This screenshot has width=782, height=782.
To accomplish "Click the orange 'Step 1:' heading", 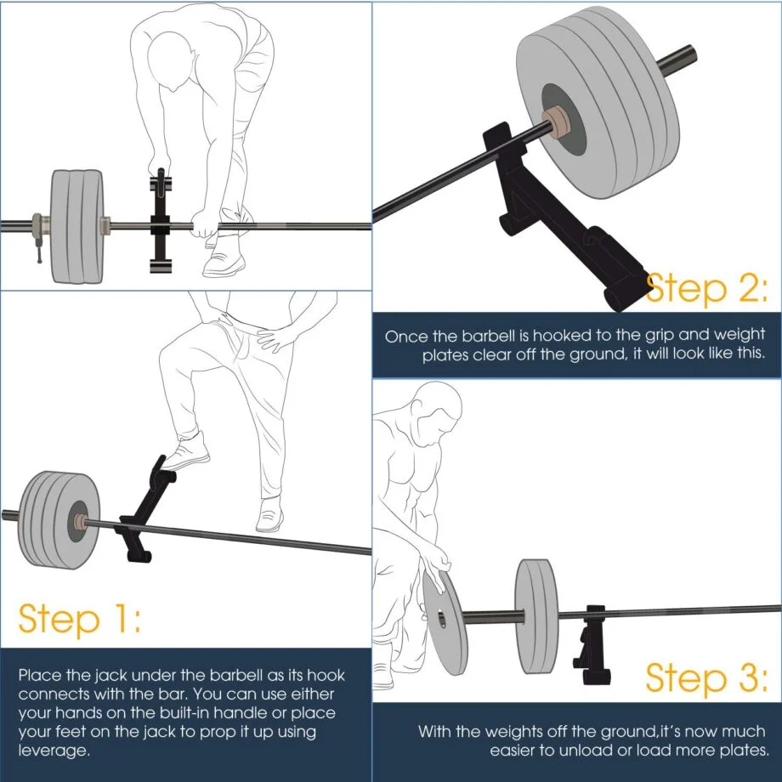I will tap(80, 620).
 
